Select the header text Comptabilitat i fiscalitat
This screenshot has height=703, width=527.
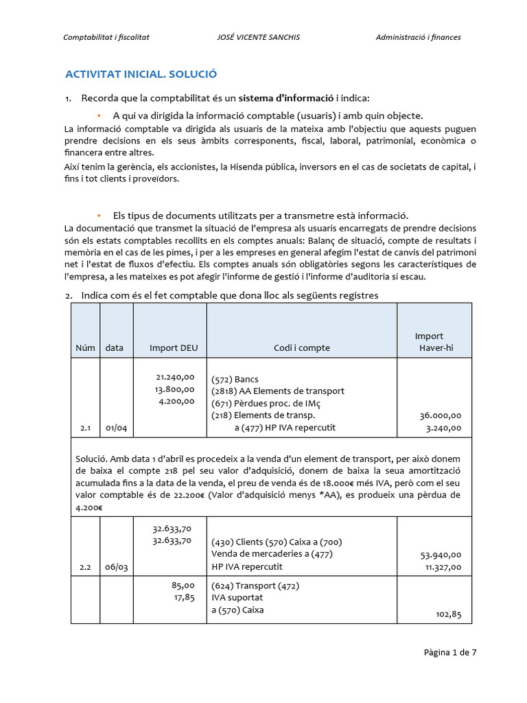(106, 37)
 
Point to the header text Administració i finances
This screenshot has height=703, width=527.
(418, 37)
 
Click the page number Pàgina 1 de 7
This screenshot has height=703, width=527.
(450, 652)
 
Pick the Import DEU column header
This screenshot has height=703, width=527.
(174, 348)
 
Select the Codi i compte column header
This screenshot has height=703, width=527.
(302, 348)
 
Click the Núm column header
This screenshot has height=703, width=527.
(85, 348)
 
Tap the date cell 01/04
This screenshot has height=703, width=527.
(116, 428)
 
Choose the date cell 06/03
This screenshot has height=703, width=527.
(116, 567)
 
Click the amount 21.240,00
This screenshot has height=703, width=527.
(176, 377)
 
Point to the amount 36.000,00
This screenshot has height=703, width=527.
(440, 415)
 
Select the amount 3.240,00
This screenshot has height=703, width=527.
(443, 428)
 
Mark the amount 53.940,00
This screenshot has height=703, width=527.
(440, 555)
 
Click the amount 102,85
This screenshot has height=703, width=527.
(448, 615)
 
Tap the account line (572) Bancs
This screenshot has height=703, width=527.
(235, 379)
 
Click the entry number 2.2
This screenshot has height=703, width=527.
(85, 567)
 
